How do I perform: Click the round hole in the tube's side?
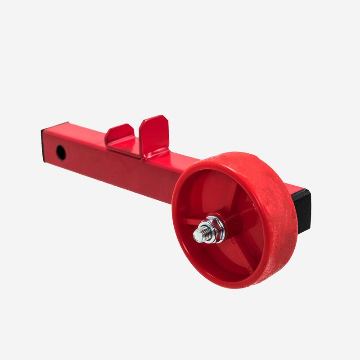tap(61, 153)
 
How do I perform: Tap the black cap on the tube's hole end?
tap(44, 145)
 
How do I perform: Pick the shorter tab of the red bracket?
tap(119, 133)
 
